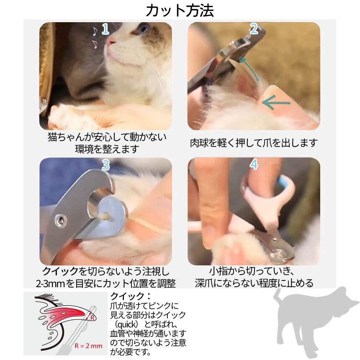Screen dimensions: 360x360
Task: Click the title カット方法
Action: [x=180, y=10]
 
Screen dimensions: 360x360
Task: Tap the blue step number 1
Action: [x=105, y=29]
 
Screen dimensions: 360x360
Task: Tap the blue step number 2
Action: [x=254, y=29]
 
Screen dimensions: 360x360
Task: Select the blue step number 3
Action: [x=105, y=165]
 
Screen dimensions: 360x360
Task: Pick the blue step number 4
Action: [x=254, y=165]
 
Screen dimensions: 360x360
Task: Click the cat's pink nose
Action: [x=111, y=42]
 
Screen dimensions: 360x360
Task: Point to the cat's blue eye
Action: [x=144, y=29]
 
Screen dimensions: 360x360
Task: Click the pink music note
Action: [x=95, y=44]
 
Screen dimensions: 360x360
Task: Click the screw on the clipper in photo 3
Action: [x=61, y=221]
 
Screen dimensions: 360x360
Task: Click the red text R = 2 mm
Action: [x=88, y=346]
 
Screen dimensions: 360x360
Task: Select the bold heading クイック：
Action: [x=131, y=296]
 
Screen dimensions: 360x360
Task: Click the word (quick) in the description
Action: [x=126, y=324]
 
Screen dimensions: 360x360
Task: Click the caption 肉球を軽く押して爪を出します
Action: [x=254, y=143]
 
